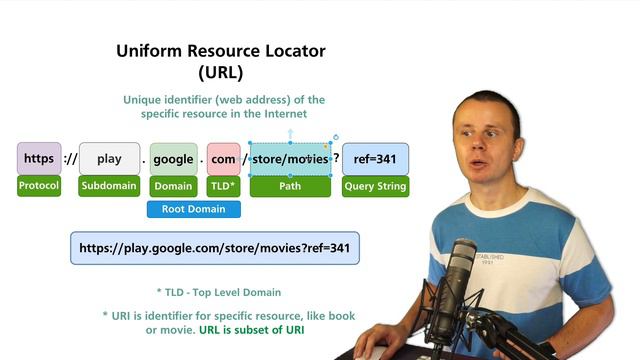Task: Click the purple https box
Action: pyautogui.click(x=39, y=159)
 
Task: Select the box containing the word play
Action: pyautogui.click(x=109, y=159)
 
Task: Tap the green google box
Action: pyautogui.click(x=173, y=159)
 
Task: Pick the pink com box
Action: pyautogui.click(x=223, y=159)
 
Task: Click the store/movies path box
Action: pyautogui.click(x=290, y=159)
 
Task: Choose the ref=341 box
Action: pyautogui.click(x=375, y=159)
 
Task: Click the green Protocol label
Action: pyautogui.click(x=39, y=186)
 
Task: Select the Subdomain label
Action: pyautogui.click(x=109, y=186)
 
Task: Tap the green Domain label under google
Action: pyautogui.click(x=173, y=186)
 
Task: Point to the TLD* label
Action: pyautogui.click(x=223, y=186)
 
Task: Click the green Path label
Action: pyautogui.click(x=290, y=186)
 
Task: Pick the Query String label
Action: pyautogui.click(x=375, y=186)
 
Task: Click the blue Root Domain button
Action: pyautogui.click(x=194, y=209)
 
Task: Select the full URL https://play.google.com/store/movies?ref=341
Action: pyautogui.click(x=214, y=248)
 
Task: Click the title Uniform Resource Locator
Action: pyautogui.click(x=221, y=51)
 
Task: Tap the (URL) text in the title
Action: pyautogui.click(x=221, y=72)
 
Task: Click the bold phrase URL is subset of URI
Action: pyautogui.click(x=251, y=330)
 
